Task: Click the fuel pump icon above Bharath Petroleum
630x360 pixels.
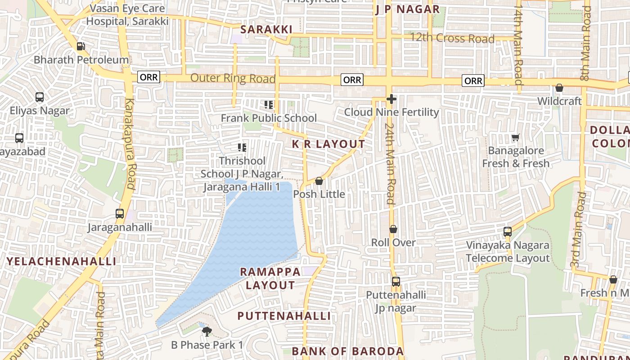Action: (x=81, y=46)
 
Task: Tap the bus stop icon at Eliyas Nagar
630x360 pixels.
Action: (x=40, y=97)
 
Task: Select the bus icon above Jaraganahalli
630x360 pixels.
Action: (x=120, y=214)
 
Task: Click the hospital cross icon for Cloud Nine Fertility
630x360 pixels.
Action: (x=391, y=99)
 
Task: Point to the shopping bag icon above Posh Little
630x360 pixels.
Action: (x=319, y=181)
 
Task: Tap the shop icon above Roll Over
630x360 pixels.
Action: (x=393, y=229)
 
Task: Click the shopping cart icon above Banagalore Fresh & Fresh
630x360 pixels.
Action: (x=516, y=137)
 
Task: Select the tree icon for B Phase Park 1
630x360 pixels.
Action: (x=207, y=332)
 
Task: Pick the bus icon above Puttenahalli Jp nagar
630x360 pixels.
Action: (x=396, y=282)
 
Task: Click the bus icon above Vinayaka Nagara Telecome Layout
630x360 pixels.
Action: (x=508, y=232)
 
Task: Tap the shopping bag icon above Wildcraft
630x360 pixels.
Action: (x=559, y=88)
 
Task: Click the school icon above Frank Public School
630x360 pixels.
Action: (x=269, y=105)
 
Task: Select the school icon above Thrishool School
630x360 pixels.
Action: (x=242, y=148)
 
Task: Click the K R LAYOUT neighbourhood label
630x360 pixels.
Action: (x=328, y=144)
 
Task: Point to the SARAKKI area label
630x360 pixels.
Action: (x=266, y=30)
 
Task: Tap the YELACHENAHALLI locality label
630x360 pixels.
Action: (x=61, y=261)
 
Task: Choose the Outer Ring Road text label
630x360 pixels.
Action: (x=233, y=78)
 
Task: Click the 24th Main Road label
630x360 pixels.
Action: (x=390, y=164)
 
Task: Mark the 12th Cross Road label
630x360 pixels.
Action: (x=452, y=38)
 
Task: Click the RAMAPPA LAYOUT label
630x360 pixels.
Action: (x=270, y=279)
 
